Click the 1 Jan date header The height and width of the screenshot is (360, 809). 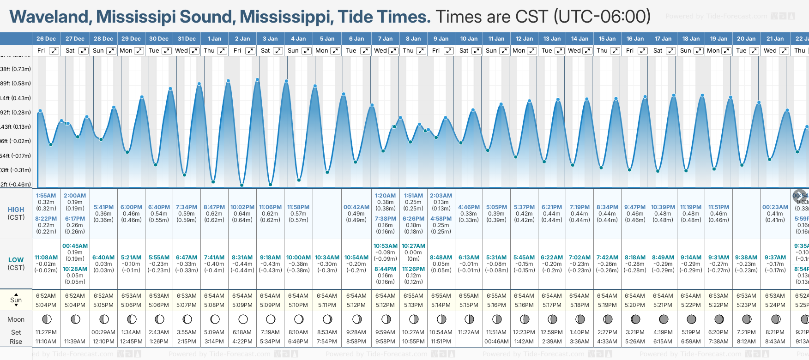coord(214,39)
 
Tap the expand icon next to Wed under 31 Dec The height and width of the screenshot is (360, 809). coord(194,51)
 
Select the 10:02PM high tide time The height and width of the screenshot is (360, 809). coord(242,207)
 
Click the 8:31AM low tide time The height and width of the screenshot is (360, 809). coord(242,258)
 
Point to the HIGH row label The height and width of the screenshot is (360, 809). coord(16,210)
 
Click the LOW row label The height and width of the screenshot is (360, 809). coord(16,260)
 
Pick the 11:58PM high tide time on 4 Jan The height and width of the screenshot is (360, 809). coord(298,207)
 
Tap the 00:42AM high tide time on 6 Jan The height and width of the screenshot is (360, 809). coord(356,207)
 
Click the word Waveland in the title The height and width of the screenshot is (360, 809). coord(50,17)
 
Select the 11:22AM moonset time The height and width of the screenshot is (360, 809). coord(469,332)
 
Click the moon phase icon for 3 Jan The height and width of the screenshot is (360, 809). coord(271,319)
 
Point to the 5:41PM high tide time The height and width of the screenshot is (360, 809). coord(103,207)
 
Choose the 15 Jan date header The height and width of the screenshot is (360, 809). coord(607,39)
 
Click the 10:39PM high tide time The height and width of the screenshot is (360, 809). coord(663,207)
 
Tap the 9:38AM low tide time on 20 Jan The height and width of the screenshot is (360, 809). coord(746,258)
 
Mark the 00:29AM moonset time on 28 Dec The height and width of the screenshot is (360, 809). coord(103,332)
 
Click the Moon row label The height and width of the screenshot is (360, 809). coord(16,319)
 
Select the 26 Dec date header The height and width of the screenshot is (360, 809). coord(46,39)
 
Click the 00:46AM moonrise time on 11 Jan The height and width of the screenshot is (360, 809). coord(496,342)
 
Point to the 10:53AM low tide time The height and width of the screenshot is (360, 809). coord(386,246)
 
